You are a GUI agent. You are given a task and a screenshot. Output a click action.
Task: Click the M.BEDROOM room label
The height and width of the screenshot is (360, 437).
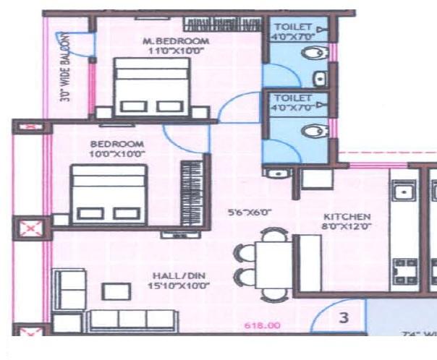(x=176, y=41)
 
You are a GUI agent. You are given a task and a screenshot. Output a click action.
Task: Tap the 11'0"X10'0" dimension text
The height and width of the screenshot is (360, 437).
(x=176, y=51)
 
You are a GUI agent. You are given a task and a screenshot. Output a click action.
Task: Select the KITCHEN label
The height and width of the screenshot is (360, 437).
(x=347, y=217)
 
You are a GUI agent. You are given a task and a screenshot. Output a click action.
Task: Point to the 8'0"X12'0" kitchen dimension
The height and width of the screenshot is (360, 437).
(x=347, y=227)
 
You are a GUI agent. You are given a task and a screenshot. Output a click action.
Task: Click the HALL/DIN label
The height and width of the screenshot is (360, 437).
(x=172, y=275)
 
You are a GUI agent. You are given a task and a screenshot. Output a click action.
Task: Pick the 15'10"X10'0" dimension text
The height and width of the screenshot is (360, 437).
(x=172, y=286)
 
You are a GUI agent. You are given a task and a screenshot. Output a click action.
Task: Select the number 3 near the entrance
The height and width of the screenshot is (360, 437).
(x=345, y=317)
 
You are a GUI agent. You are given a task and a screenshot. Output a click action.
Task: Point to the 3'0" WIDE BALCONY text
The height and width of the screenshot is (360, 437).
(x=65, y=66)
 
